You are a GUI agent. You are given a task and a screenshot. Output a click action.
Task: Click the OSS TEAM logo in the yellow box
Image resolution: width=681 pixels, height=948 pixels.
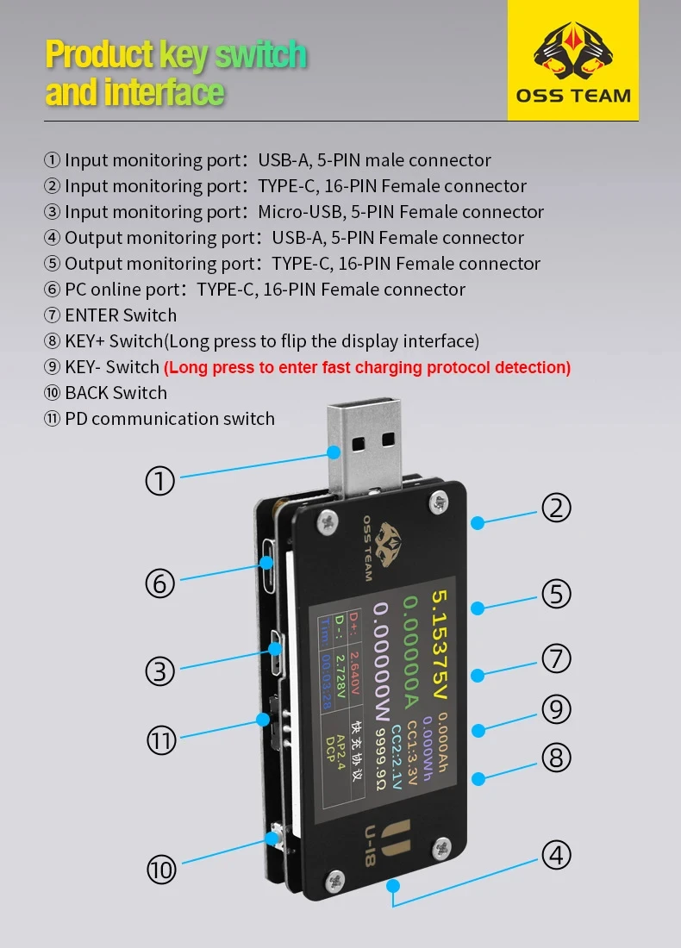click(572, 61)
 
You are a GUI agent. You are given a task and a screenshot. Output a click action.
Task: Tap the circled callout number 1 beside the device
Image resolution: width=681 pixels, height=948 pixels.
click(160, 481)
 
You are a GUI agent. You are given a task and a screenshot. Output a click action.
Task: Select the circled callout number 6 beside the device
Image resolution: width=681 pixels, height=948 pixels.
click(160, 584)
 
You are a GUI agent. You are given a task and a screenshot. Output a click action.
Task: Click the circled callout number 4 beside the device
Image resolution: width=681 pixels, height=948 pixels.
click(556, 856)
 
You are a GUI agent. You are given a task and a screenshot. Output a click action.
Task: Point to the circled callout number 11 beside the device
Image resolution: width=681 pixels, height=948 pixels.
click(161, 740)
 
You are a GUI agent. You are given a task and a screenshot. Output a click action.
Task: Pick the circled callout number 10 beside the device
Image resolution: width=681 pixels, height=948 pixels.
click(161, 870)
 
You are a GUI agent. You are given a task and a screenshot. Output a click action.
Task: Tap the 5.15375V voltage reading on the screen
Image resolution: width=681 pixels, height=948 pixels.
click(439, 645)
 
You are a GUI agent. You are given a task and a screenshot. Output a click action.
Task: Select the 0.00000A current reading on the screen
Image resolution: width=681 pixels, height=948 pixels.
click(410, 652)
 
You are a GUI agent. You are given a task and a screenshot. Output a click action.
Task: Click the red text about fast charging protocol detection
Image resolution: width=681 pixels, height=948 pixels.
click(367, 368)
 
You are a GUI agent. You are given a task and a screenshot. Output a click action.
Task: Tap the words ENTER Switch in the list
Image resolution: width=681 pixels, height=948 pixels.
click(121, 315)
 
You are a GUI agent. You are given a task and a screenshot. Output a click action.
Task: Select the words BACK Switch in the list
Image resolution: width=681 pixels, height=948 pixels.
click(116, 393)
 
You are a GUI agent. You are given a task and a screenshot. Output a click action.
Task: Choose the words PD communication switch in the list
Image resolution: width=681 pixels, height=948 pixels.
click(170, 419)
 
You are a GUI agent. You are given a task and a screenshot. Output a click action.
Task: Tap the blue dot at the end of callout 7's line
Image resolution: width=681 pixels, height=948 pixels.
click(478, 676)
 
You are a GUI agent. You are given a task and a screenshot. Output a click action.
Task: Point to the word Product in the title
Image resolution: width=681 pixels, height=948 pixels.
click(99, 53)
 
